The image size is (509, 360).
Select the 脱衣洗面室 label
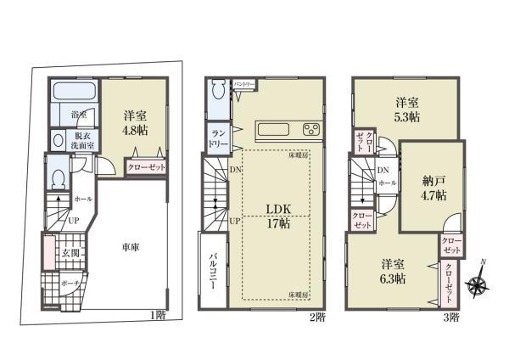(x=82, y=140)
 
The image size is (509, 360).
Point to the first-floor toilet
(x=57, y=177)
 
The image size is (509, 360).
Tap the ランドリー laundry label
(x=216, y=138)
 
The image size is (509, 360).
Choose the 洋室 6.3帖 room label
(x=391, y=271)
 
